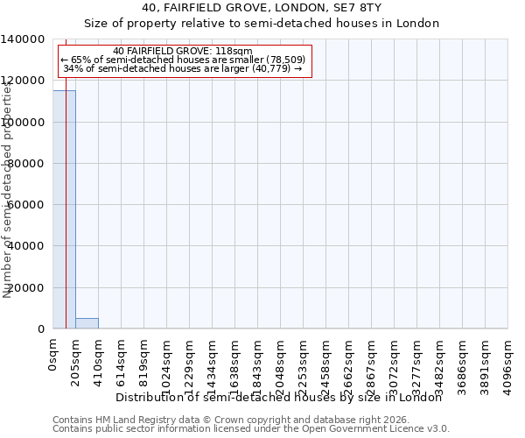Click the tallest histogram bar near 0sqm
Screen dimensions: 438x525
tap(64, 210)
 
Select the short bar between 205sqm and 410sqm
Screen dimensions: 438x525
tap(87, 323)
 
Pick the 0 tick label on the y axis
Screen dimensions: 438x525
tap(41, 329)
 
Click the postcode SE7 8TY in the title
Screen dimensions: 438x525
tap(353, 7)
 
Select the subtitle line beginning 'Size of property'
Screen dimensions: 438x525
tap(262, 23)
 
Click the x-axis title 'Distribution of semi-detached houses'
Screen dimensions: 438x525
tap(279, 397)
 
